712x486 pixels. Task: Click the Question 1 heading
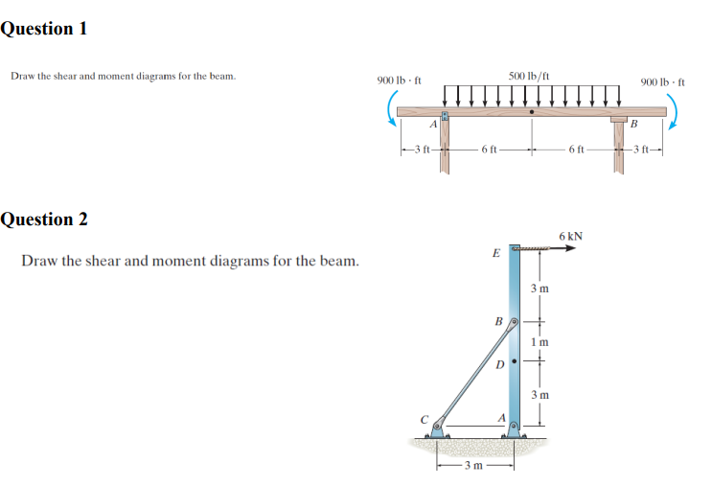[43, 29]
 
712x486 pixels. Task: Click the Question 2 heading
[44, 219]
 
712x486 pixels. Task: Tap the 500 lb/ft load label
[529, 76]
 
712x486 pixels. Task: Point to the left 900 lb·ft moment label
[399, 81]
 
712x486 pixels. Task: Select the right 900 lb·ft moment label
[662, 82]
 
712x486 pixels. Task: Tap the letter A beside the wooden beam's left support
[433, 124]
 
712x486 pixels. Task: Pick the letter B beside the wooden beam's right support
[633, 124]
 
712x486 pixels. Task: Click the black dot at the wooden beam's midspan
[532, 111]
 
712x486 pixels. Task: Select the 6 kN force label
[571, 236]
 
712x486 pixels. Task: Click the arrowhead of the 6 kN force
[570, 248]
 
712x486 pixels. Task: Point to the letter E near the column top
[496, 253]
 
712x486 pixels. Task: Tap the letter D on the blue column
[499, 364]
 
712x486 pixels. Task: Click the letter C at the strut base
[425, 419]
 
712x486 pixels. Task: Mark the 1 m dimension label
[540, 341]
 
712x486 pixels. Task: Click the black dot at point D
[515, 361]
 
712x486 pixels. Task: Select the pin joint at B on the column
[514, 322]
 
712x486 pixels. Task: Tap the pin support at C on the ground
[437, 428]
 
